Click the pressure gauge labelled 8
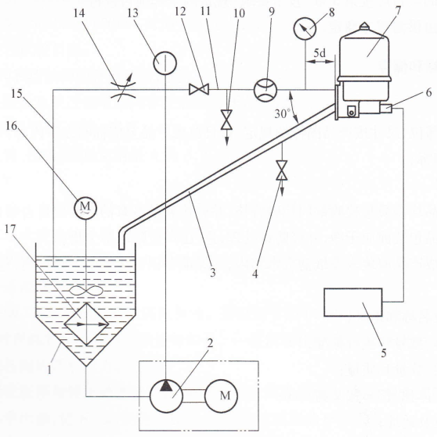tap(305, 29)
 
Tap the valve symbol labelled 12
tap(199, 89)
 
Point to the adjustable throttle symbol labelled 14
tap(123, 90)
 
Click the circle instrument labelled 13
tap(165, 63)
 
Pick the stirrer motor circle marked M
tap(85, 208)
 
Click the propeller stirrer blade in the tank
tap(86, 291)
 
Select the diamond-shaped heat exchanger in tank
tap(87, 324)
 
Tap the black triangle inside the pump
tap(166, 385)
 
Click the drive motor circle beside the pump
tap(222, 396)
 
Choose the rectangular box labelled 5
tap(353, 303)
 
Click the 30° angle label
tap(283, 113)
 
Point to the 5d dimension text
tap(320, 53)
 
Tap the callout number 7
tap(398, 11)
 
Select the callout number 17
tap(11, 230)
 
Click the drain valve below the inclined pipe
tap(282, 170)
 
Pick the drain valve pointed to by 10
tap(226, 120)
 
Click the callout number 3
tap(213, 273)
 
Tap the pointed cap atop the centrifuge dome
tap(364, 26)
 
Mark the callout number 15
tap(16, 94)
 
